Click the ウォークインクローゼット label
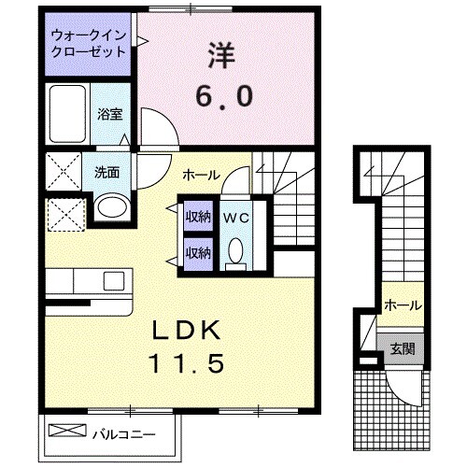(89, 44)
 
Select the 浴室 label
(110, 114)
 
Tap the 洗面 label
(106, 172)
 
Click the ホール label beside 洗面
(201, 173)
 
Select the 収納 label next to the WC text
(196, 218)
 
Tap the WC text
(234, 218)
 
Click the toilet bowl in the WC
(235, 251)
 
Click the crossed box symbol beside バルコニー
(66, 432)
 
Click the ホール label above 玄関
(403, 305)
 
